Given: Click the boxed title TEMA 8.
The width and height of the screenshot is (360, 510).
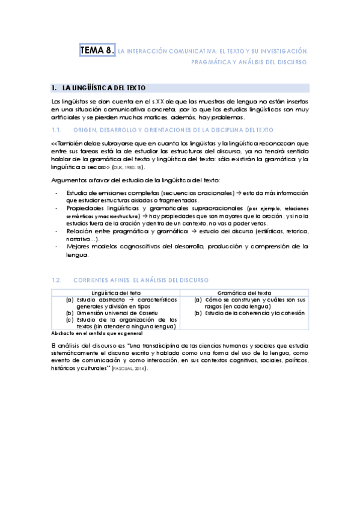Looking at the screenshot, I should pyautogui.click(x=97, y=51).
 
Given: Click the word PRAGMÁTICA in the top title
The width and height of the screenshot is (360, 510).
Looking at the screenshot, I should pyautogui.click(x=212, y=62).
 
